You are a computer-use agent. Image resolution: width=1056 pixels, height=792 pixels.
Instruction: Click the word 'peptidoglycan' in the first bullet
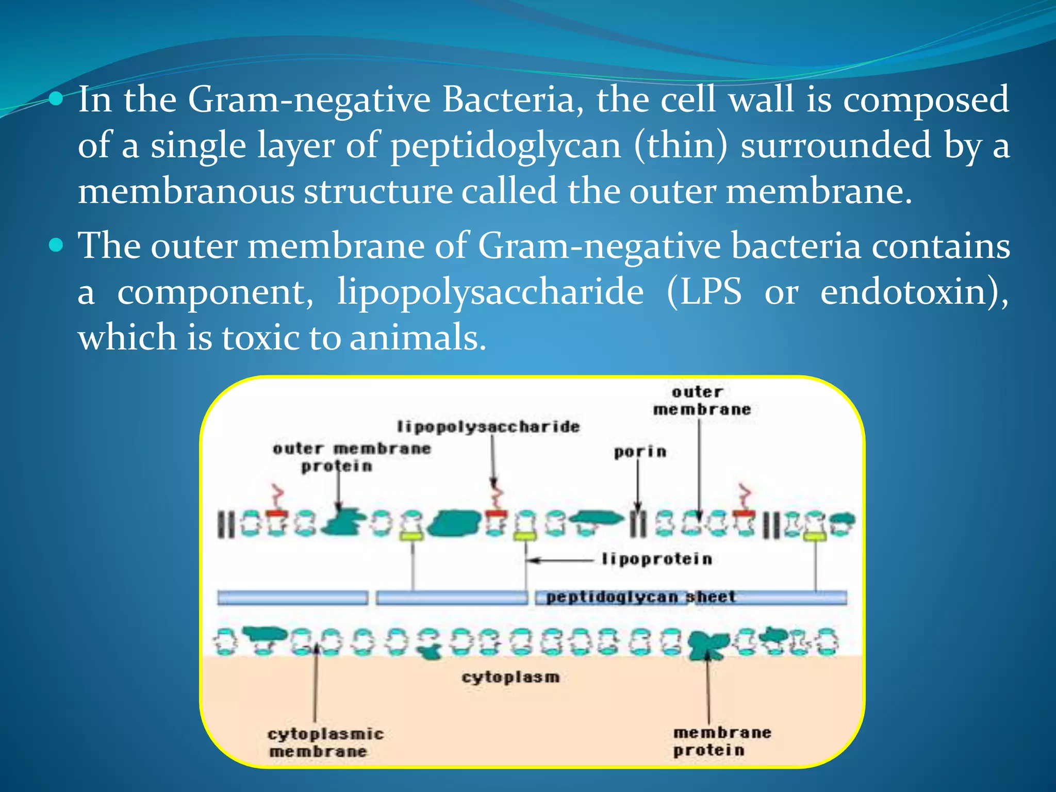pyautogui.click(x=505, y=146)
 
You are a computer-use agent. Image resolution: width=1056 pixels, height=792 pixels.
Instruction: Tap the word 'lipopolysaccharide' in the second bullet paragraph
pyautogui.click(x=490, y=292)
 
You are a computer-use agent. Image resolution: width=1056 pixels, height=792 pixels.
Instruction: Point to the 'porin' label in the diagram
pyautogui.click(x=640, y=452)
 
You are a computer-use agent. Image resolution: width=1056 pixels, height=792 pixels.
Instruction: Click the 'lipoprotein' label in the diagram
pyautogui.click(x=657, y=559)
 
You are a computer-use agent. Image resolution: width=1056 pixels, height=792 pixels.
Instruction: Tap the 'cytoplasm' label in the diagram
pyautogui.click(x=510, y=677)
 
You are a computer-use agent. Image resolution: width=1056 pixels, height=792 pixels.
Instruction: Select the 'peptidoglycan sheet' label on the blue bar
pyautogui.click(x=640, y=597)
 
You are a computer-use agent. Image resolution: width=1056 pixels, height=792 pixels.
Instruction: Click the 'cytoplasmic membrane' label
pyautogui.click(x=325, y=742)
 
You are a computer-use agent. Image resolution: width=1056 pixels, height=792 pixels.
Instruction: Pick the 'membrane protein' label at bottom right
pyautogui.click(x=721, y=741)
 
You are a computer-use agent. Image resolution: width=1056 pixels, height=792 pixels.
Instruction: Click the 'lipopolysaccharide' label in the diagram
pyautogui.click(x=488, y=427)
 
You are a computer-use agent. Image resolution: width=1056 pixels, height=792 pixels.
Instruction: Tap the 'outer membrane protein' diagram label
pyautogui.click(x=351, y=457)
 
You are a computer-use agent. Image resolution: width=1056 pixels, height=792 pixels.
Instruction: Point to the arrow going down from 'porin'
pyautogui.click(x=638, y=485)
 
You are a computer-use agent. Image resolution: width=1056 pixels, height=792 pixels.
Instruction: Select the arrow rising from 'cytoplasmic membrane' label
pyautogui.click(x=316, y=686)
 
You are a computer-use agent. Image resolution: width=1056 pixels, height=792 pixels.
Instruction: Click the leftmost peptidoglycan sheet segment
pyautogui.click(x=292, y=598)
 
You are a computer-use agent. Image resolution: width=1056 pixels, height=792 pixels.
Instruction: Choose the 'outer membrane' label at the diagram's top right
pyautogui.click(x=701, y=401)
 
